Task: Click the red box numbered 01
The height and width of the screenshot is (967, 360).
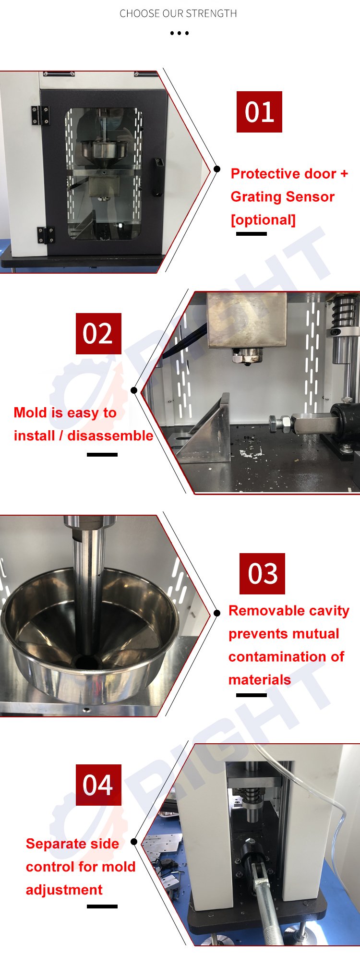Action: click(259, 112)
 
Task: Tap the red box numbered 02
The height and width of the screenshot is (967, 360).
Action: click(98, 334)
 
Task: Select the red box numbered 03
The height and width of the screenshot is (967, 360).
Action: click(262, 574)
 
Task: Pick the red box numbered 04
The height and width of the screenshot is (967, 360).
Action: click(98, 785)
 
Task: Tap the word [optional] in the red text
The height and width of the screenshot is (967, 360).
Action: click(263, 220)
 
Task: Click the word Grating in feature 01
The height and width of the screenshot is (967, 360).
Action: click(254, 197)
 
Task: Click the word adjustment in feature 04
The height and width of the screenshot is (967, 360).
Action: click(64, 890)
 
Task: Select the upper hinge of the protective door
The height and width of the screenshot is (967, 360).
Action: click(41, 116)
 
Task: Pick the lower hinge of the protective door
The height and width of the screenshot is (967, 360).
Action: click(46, 235)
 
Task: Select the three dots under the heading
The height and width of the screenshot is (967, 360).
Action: click(180, 33)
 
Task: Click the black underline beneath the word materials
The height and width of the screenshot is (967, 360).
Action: click(252, 695)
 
